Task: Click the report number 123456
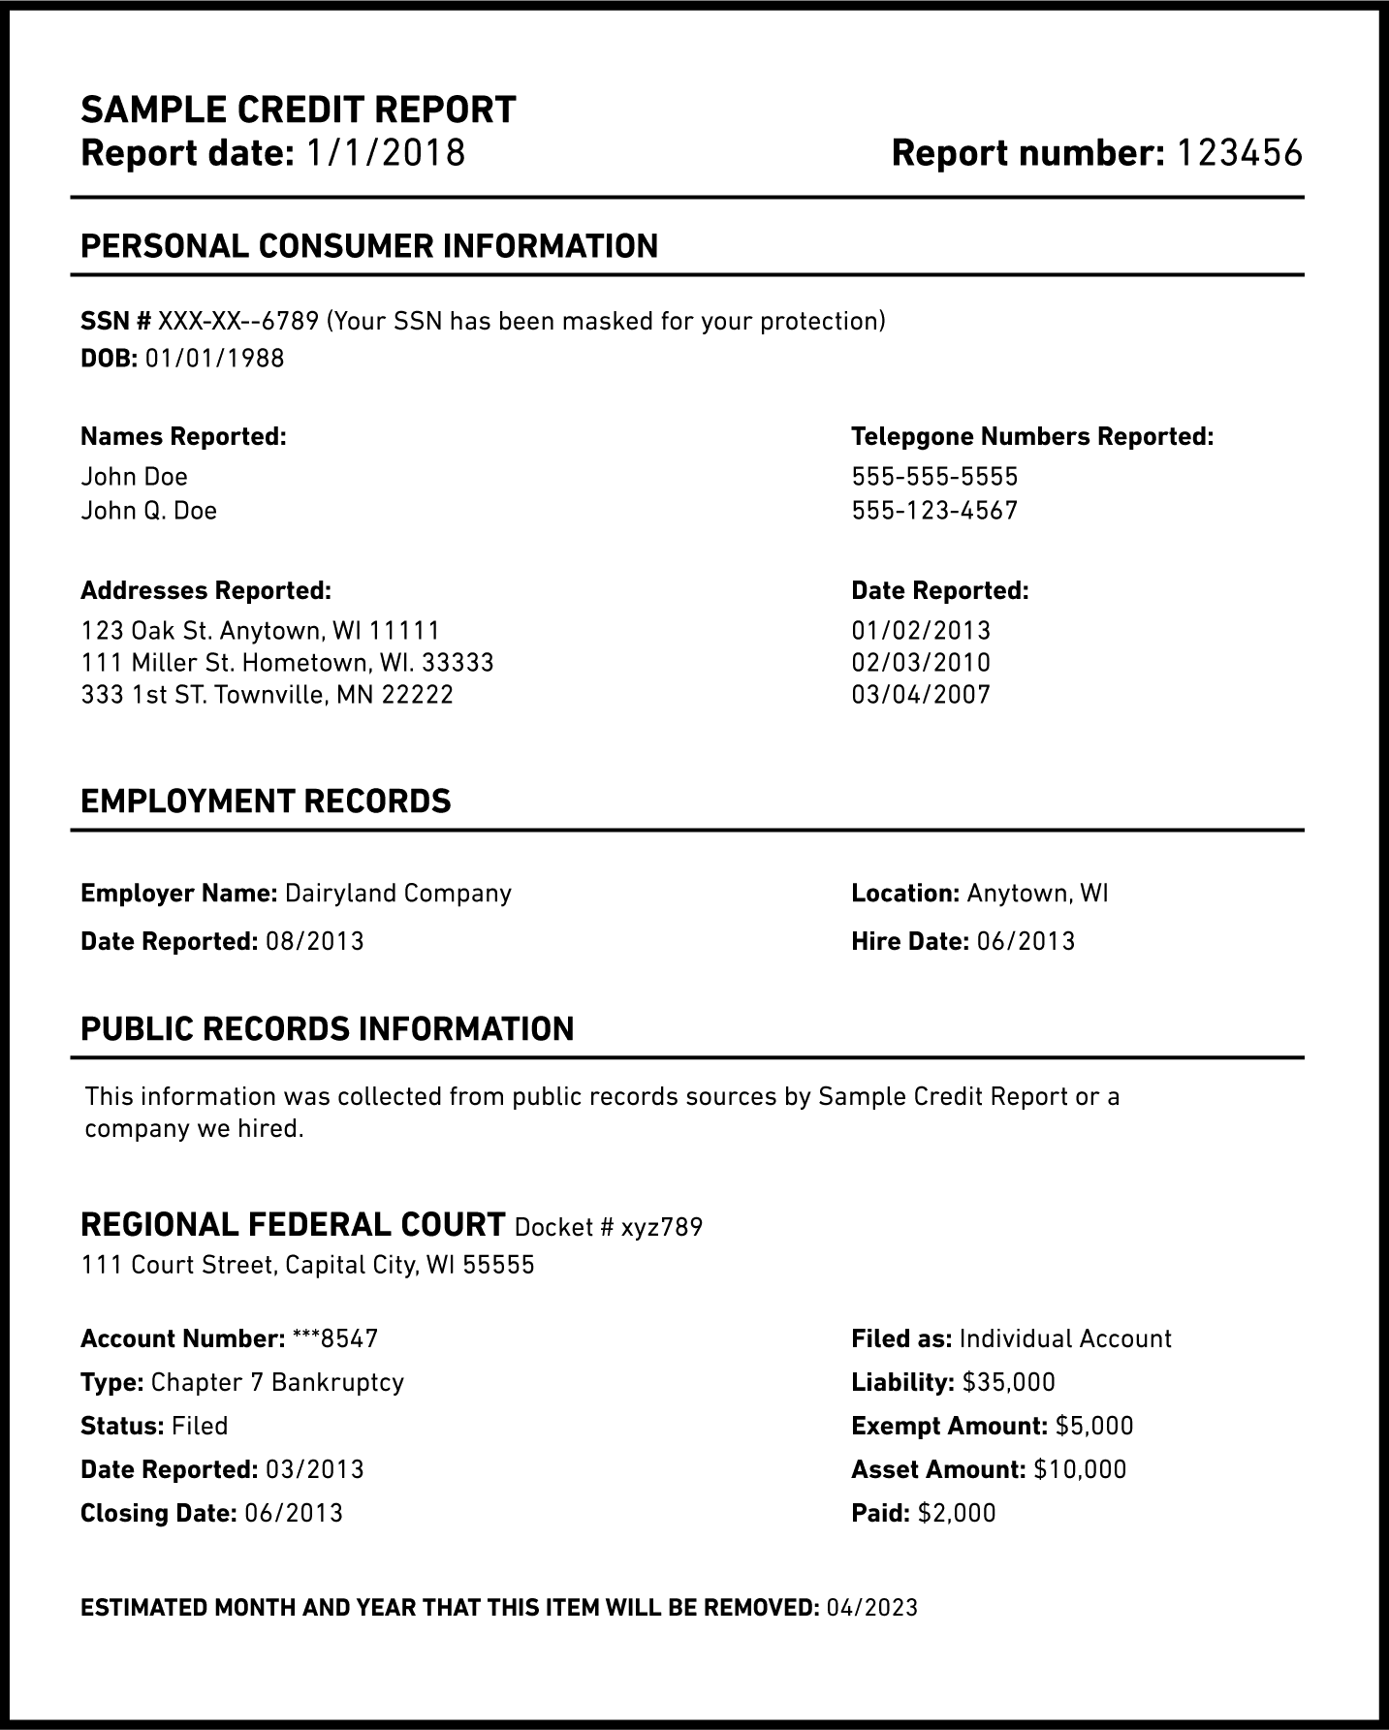(1239, 153)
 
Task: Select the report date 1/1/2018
(386, 153)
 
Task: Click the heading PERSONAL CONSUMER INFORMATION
(369, 246)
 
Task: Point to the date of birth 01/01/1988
(214, 359)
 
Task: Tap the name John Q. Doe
(149, 511)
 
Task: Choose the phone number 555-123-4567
(934, 511)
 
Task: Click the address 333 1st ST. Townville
(267, 695)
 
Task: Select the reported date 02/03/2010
(921, 663)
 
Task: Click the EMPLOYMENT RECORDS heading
(266, 802)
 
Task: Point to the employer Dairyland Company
(397, 893)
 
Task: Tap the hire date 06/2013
(1026, 941)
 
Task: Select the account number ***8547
(334, 1338)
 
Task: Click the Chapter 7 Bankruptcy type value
(277, 1382)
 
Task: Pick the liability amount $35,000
(1009, 1382)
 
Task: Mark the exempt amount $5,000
(1094, 1426)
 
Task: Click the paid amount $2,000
(957, 1513)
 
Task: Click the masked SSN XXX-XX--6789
(238, 321)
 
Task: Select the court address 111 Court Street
(307, 1265)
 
